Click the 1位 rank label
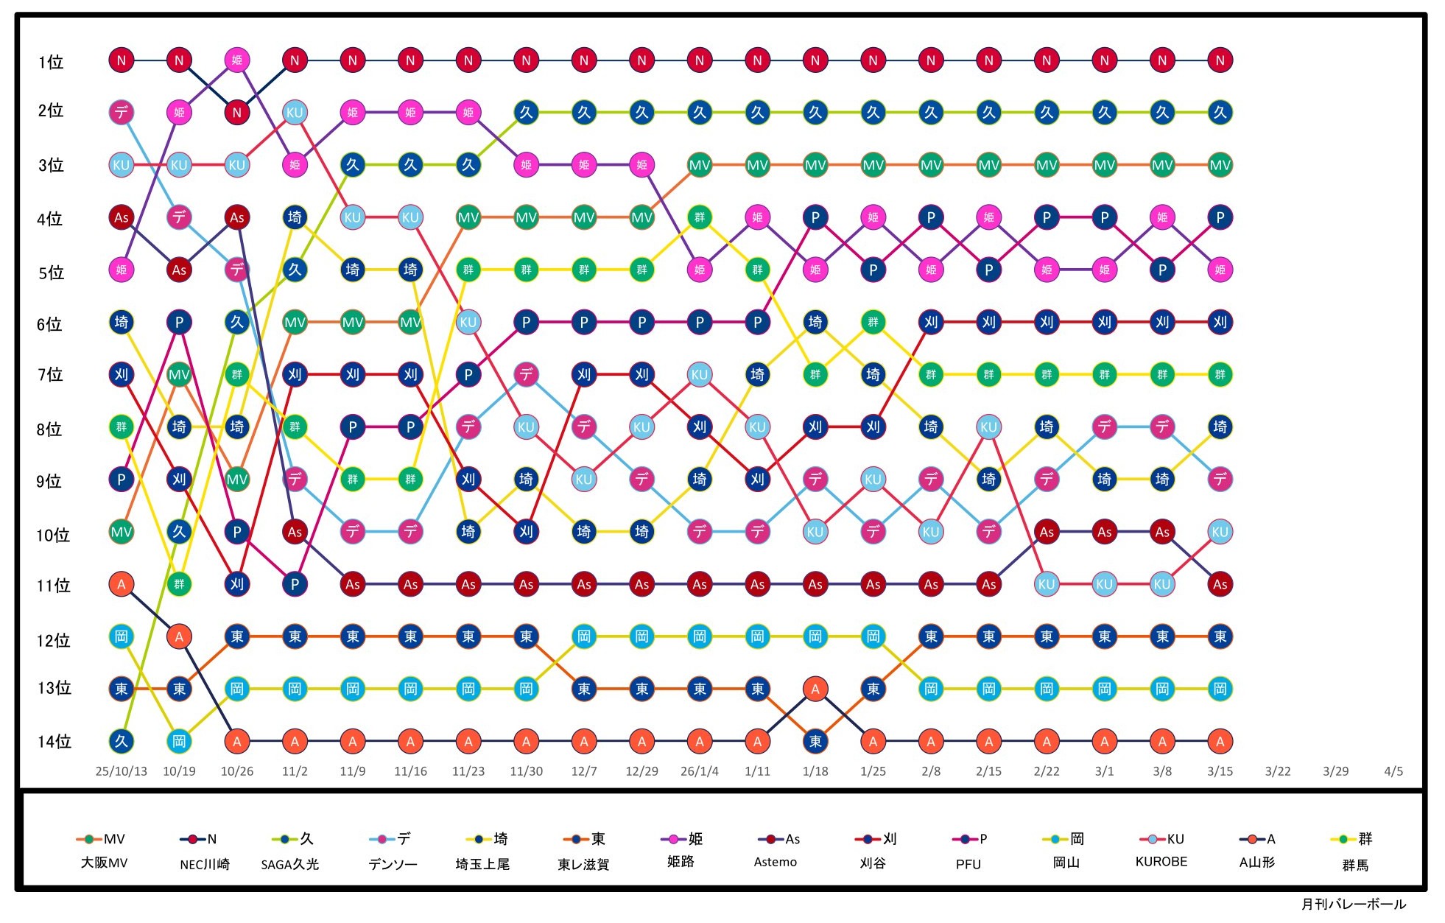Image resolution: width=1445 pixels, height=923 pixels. [x=51, y=62]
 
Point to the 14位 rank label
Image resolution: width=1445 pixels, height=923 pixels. [x=54, y=741]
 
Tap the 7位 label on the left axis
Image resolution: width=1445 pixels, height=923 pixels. [x=51, y=375]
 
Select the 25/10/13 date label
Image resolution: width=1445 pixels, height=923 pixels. [x=121, y=771]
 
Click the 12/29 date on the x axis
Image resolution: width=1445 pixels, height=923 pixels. [x=641, y=771]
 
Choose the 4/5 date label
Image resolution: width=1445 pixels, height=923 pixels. [x=1393, y=771]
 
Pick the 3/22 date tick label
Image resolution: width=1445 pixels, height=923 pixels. [x=1278, y=771]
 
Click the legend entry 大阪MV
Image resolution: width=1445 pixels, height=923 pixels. [x=104, y=863]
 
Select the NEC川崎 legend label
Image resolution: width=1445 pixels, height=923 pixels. [x=205, y=864]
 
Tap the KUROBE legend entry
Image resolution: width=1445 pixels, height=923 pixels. [x=1161, y=861]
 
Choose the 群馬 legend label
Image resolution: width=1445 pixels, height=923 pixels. [x=1355, y=865]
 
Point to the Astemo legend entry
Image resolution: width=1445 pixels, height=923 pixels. [x=775, y=862]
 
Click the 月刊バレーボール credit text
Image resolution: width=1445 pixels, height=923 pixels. [x=1353, y=904]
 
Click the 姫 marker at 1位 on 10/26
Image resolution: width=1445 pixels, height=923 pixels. [x=236, y=60]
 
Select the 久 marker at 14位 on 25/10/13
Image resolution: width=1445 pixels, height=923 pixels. [x=122, y=741]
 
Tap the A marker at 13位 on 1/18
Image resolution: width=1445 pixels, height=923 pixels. [x=815, y=689]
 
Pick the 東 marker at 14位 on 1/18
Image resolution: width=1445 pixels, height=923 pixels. [x=815, y=741]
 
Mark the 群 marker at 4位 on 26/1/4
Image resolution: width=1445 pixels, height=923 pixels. [x=700, y=217]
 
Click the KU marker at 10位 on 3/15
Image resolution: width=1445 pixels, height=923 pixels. [x=1220, y=532]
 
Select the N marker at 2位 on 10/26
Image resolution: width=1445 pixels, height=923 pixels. [x=236, y=113]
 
